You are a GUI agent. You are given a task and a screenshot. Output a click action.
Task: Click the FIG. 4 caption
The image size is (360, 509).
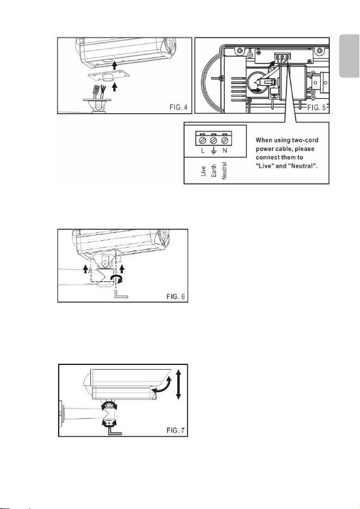(178, 107)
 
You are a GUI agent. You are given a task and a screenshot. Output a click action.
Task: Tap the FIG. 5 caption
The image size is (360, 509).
(316, 108)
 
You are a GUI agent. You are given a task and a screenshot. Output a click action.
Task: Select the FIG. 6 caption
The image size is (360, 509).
(175, 297)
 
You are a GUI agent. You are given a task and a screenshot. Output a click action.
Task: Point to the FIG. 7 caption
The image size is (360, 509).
(175, 430)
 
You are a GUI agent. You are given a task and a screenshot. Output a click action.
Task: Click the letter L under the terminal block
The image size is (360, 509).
(203, 151)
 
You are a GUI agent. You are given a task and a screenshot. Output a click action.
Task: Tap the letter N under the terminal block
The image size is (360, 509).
(224, 151)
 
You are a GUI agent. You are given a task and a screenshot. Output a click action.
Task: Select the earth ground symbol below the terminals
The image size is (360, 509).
(214, 151)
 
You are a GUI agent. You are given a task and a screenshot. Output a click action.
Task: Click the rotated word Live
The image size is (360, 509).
(203, 171)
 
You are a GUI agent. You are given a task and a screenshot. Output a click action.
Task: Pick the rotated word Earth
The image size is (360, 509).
(214, 171)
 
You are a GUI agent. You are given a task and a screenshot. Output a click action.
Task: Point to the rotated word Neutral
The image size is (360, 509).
(224, 171)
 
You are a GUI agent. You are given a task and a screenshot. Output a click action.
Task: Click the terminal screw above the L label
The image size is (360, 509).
(203, 140)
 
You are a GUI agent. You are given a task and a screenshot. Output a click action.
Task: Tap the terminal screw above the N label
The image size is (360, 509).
(224, 140)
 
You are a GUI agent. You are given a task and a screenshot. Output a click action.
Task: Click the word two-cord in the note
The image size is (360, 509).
(305, 140)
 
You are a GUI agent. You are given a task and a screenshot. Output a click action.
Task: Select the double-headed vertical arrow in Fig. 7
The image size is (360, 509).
(178, 385)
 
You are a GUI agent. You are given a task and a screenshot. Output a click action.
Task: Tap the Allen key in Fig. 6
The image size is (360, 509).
(121, 294)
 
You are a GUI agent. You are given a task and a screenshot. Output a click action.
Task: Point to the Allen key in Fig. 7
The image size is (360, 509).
(115, 431)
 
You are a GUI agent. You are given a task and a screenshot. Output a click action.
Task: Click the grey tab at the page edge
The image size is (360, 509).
(350, 56)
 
